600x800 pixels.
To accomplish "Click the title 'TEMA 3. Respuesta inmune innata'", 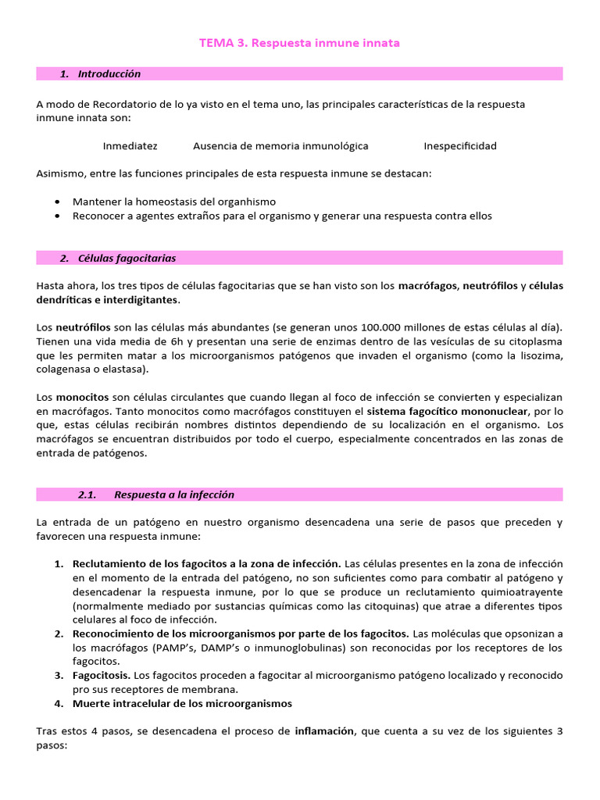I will pos(299,43).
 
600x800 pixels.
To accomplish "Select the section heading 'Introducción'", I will pos(109,73).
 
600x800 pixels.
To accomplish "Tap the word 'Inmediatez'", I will pos(130,146).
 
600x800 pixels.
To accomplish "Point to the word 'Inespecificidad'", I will pos(460,146).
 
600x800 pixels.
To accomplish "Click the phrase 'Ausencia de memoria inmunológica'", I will pos(280,146).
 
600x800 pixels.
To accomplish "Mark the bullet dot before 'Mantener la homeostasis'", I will pos(59,202).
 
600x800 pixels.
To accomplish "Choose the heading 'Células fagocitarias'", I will pos(127,258).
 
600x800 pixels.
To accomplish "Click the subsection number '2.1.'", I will pos(87,495).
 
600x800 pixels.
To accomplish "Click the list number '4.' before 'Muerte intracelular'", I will pos(59,703).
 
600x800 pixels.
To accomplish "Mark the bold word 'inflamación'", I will pos(324,731).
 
